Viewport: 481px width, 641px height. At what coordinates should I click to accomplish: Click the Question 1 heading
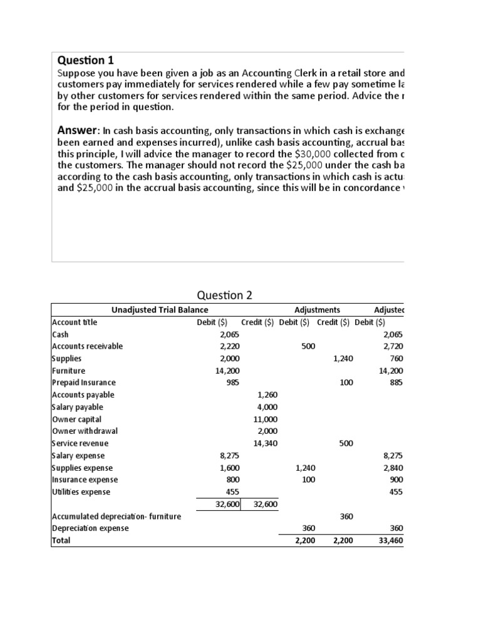[86, 60]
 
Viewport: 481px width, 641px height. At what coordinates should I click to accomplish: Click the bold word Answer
[78, 130]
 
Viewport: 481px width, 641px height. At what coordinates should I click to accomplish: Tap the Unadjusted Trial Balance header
[160, 310]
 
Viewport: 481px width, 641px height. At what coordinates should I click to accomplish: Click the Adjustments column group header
[317, 310]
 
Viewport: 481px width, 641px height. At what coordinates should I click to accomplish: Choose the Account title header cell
[75, 322]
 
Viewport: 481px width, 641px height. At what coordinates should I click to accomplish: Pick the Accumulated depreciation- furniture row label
[116, 516]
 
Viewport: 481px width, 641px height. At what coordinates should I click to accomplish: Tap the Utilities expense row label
[81, 491]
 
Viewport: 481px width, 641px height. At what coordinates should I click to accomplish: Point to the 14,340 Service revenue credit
[265, 443]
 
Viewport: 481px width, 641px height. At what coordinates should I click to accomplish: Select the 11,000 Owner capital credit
[265, 419]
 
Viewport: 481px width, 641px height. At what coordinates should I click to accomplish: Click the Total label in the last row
[61, 540]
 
